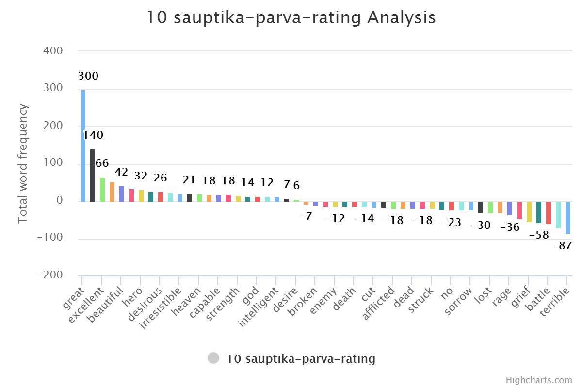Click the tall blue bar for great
tap(83, 145)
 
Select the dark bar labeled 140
tap(93, 175)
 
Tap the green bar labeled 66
tap(102, 189)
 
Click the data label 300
tap(88, 76)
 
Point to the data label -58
tap(539, 235)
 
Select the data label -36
tap(510, 227)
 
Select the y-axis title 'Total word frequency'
tap(23, 164)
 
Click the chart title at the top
tap(291, 18)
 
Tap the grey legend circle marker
tap(213, 359)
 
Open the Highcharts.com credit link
tap(539, 380)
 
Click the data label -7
tap(306, 217)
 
